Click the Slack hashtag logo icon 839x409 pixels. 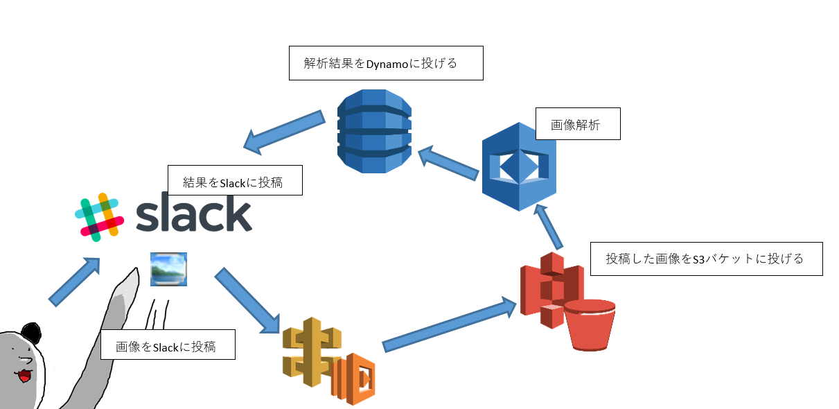tap(99, 218)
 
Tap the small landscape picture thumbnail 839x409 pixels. tap(168, 269)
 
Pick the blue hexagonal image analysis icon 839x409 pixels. tap(519, 167)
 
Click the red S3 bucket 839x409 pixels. tap(590, 324)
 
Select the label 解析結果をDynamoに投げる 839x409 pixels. tap(385, 64)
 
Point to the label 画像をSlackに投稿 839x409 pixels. tap(168, 345)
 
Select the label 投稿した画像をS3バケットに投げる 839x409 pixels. tap(706, 259)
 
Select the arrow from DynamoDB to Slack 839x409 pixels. tap(284, 132)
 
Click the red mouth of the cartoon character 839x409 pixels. tap(24, 375)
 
